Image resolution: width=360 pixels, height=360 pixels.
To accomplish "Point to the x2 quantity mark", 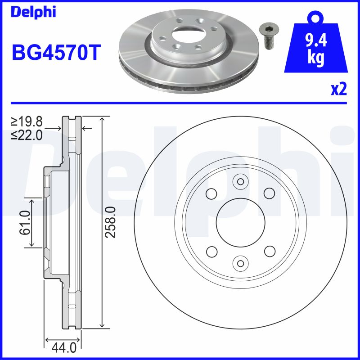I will pos(339,90).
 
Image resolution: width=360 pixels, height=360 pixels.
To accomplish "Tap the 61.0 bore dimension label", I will pos(24,222).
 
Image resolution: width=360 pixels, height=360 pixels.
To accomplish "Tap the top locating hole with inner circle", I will pos(240,182).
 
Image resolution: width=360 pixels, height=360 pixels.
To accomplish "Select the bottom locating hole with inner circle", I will pos(240,262).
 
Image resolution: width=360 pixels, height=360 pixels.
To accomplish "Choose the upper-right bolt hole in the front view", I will pos(269,193).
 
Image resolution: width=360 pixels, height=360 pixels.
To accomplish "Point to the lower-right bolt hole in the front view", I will pos(269,251).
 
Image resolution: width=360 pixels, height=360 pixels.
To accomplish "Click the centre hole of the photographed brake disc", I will pos(186,33).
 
